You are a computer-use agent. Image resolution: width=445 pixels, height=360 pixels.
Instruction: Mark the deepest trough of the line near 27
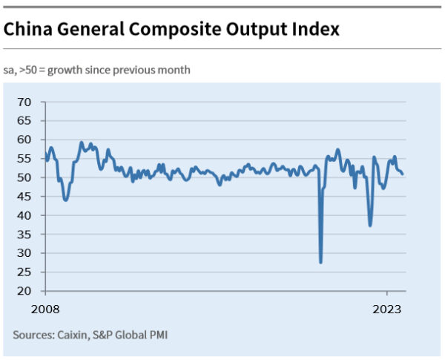tap(320, 262)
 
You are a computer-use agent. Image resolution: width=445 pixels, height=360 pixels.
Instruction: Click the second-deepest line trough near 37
tap(370, 225)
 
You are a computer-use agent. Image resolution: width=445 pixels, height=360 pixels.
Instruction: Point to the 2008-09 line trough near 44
tap(66, 200)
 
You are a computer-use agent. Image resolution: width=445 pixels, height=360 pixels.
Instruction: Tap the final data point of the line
tap(403, 174)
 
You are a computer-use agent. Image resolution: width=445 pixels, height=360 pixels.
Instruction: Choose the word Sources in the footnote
tap(34, 335)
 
